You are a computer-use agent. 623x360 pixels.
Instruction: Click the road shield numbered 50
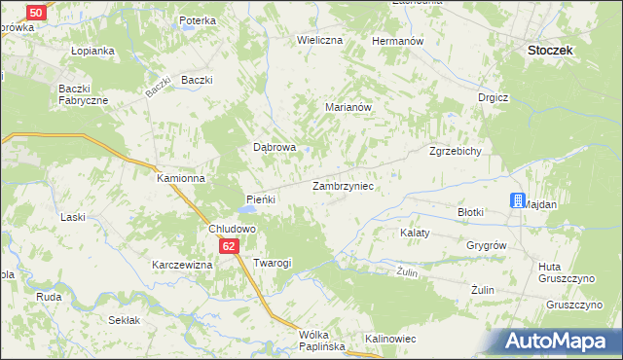pyautogui.click(x=35, y=13)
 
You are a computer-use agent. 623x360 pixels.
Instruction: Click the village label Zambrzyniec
pyautogui.click(x=344, y=185)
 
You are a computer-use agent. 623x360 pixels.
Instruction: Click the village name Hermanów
pyautogui.click(x=397, y=42)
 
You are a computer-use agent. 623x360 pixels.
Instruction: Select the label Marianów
pyautogui.click(x=349, y=109)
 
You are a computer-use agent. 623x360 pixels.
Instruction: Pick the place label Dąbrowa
pyautogui.click(x=275, y=148)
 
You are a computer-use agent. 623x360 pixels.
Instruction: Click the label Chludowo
pyautogui.click(x=233, y=229)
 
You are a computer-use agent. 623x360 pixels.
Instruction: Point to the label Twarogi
pyautogui.click(x=273, y=263)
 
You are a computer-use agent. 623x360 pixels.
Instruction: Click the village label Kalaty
pyautogui.click(x=416, y=234)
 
